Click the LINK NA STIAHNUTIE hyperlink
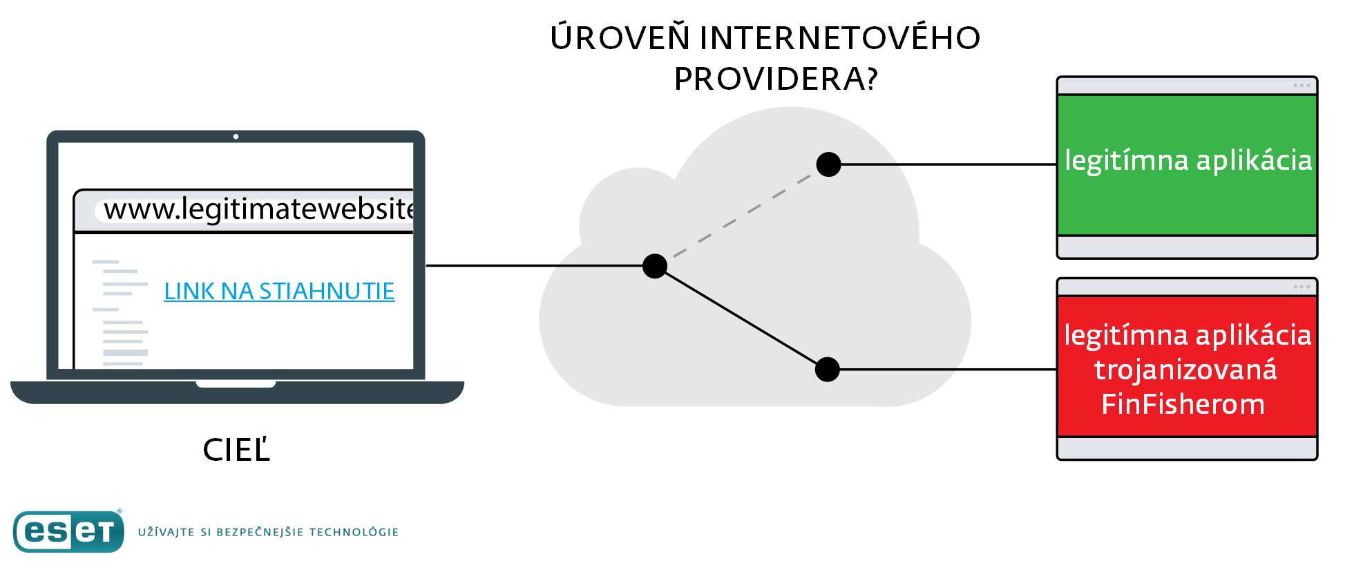(279, 292)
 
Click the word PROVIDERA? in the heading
(776, 79)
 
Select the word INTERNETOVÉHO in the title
(839, 38)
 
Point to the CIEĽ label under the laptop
(236, 450)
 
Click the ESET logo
(68, 531)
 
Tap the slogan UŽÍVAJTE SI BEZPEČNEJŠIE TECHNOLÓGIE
(268, 532)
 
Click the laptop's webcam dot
(236, 137)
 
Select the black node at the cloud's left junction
(654, 266)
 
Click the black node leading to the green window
(828, 164)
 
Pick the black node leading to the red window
(827, 370)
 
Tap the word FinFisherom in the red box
(1183, 404)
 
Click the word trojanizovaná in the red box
(1185, 370)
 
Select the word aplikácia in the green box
(1254, 160)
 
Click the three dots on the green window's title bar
(1302, 86)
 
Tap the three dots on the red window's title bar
(1302, 287)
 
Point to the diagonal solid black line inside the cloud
(741, 318)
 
